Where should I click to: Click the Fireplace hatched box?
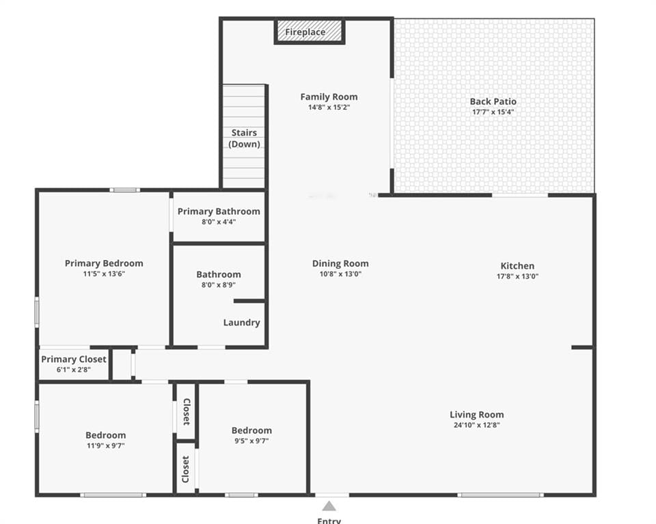click(309, 31)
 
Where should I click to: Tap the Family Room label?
click(329, 97)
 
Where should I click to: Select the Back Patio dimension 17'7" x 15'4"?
click(493, 112)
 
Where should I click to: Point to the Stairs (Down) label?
click(245, 139)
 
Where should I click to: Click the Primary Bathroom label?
click(219, 212)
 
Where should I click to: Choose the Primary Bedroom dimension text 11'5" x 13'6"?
click(104, 274)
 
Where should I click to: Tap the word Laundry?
click(241, 323)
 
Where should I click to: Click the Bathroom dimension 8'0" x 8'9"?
click(219, 285)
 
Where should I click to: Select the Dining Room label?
click(340, 263)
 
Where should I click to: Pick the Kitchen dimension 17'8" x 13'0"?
click(517, 276)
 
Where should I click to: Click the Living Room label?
click(476, 415)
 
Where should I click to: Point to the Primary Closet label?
click(74, 360)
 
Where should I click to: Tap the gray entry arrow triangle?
click(329, 506)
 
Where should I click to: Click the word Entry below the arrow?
click(329, 520)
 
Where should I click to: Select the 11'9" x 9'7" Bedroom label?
click(105, 435)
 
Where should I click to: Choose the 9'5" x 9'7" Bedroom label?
click(251, 431)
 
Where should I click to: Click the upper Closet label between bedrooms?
click(187, 411)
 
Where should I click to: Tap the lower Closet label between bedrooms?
click(186, 469)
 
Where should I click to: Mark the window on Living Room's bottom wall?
click(500, 495)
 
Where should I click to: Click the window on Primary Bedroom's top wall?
click(124, 190)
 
